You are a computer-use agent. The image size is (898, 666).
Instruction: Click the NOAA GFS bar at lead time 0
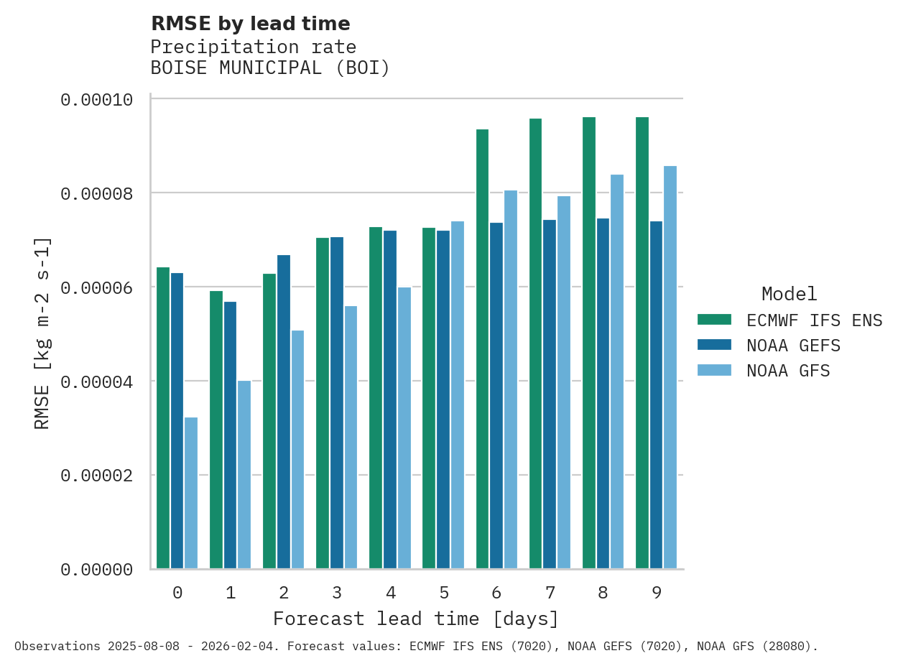pyautogui.click(x=191, y=493)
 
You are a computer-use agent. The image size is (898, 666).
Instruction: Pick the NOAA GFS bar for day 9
pyautogui.click(x=670, y=367)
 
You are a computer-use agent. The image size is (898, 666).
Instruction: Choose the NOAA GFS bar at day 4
pyautogui.click(x=404, y=428)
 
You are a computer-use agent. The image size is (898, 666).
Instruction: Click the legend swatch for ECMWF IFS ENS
pyautogui.click(x=714, y=320)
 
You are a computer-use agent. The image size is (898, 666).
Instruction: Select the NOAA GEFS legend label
pyautogui.click(x=793, y=346)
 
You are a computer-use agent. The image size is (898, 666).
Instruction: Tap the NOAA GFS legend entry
pyautogui.click(x=788, y=371)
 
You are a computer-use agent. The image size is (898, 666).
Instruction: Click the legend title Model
pyautogui.click(x=789, y=294)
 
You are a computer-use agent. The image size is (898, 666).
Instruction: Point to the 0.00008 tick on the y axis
pyautogui.click(x=97, y=193)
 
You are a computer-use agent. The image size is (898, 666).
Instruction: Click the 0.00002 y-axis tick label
pyautogui.click(x=97, y=476)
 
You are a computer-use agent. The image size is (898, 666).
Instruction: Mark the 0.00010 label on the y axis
pyautogui.click(x=97, y=99)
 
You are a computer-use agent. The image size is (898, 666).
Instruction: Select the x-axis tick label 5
pyautogui.click(x=444, y=593)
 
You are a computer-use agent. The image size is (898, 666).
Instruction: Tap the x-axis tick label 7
pyautogui.click(x=550, y=593)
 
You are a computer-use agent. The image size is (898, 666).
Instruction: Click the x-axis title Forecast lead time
pyautogui.click(x=415, y=619)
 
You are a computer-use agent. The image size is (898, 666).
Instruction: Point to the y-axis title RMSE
pyautogui.click(x=42, y=333)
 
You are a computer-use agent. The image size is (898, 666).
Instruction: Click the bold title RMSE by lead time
pyautogui.click(x=250, y=24)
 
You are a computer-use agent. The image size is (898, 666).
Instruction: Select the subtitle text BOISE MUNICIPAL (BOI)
pyautogui.click(x=270, y=68)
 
